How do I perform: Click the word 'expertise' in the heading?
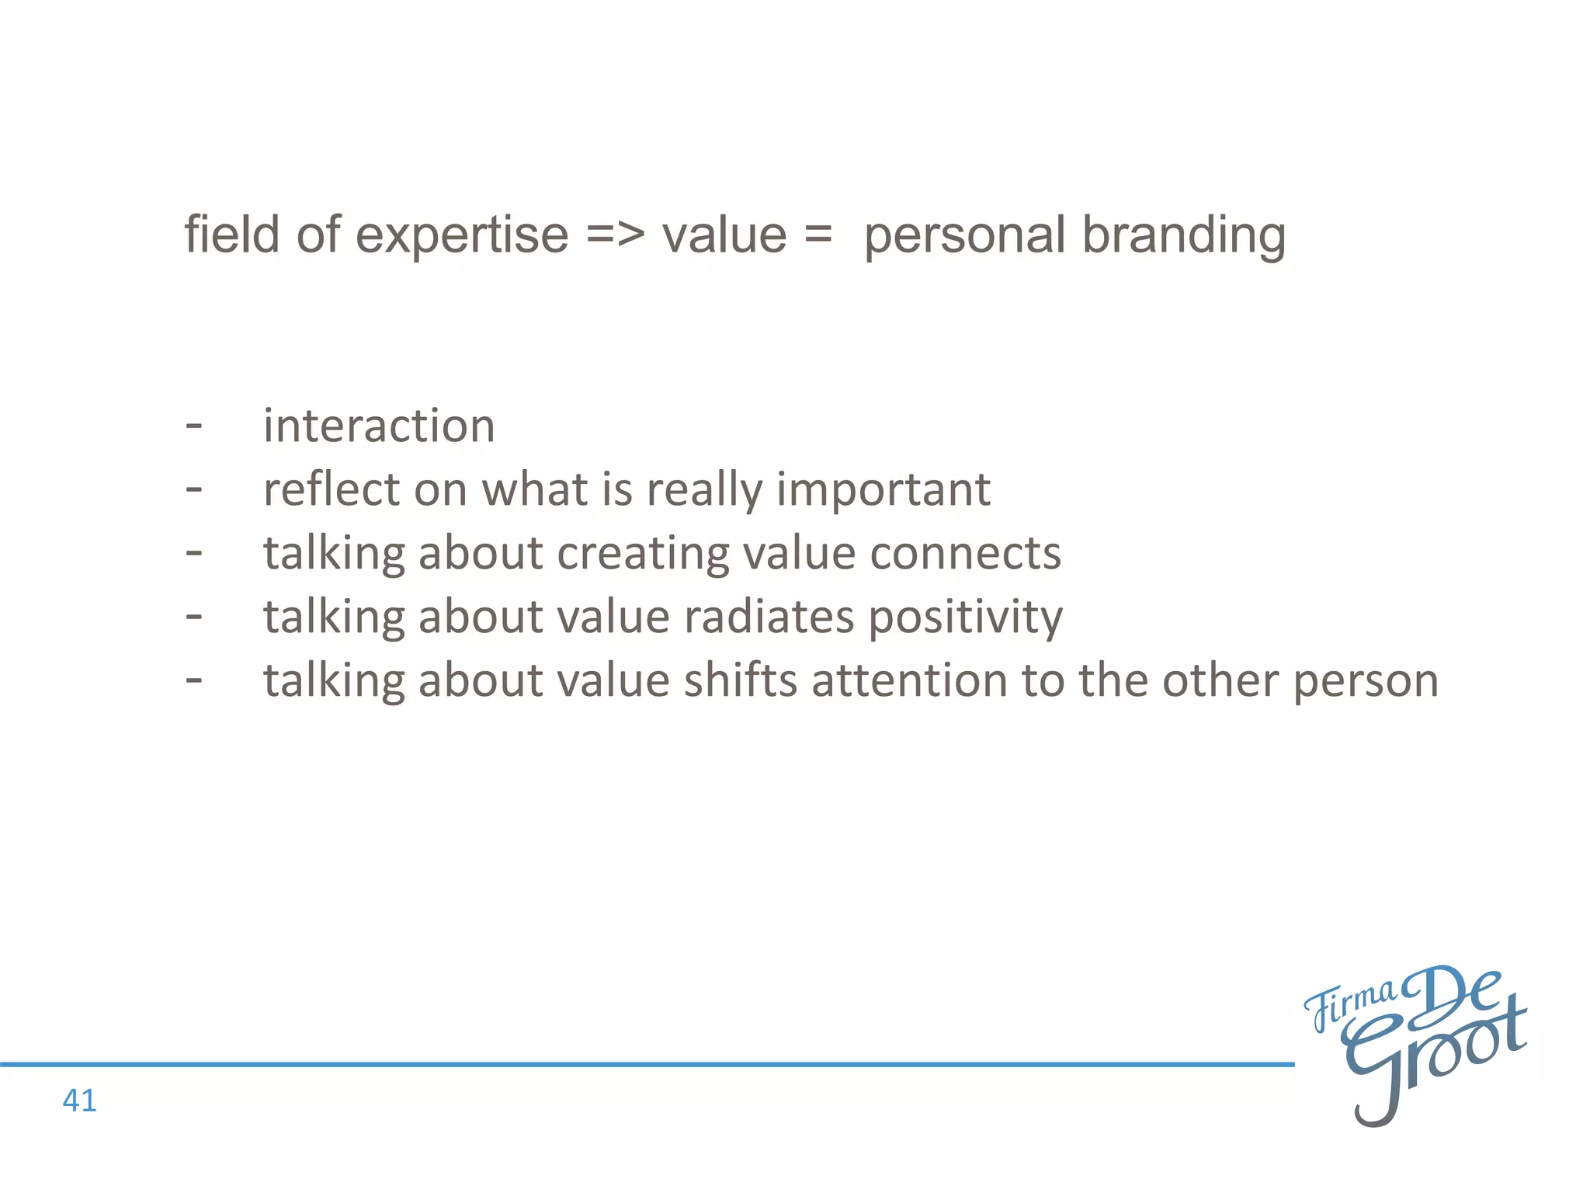click(462, 235)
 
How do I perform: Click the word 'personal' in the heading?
click(964, 235)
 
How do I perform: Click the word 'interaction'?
click(379, 426)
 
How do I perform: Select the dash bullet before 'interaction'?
click(194, 426)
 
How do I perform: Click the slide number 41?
click(79, 1101)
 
